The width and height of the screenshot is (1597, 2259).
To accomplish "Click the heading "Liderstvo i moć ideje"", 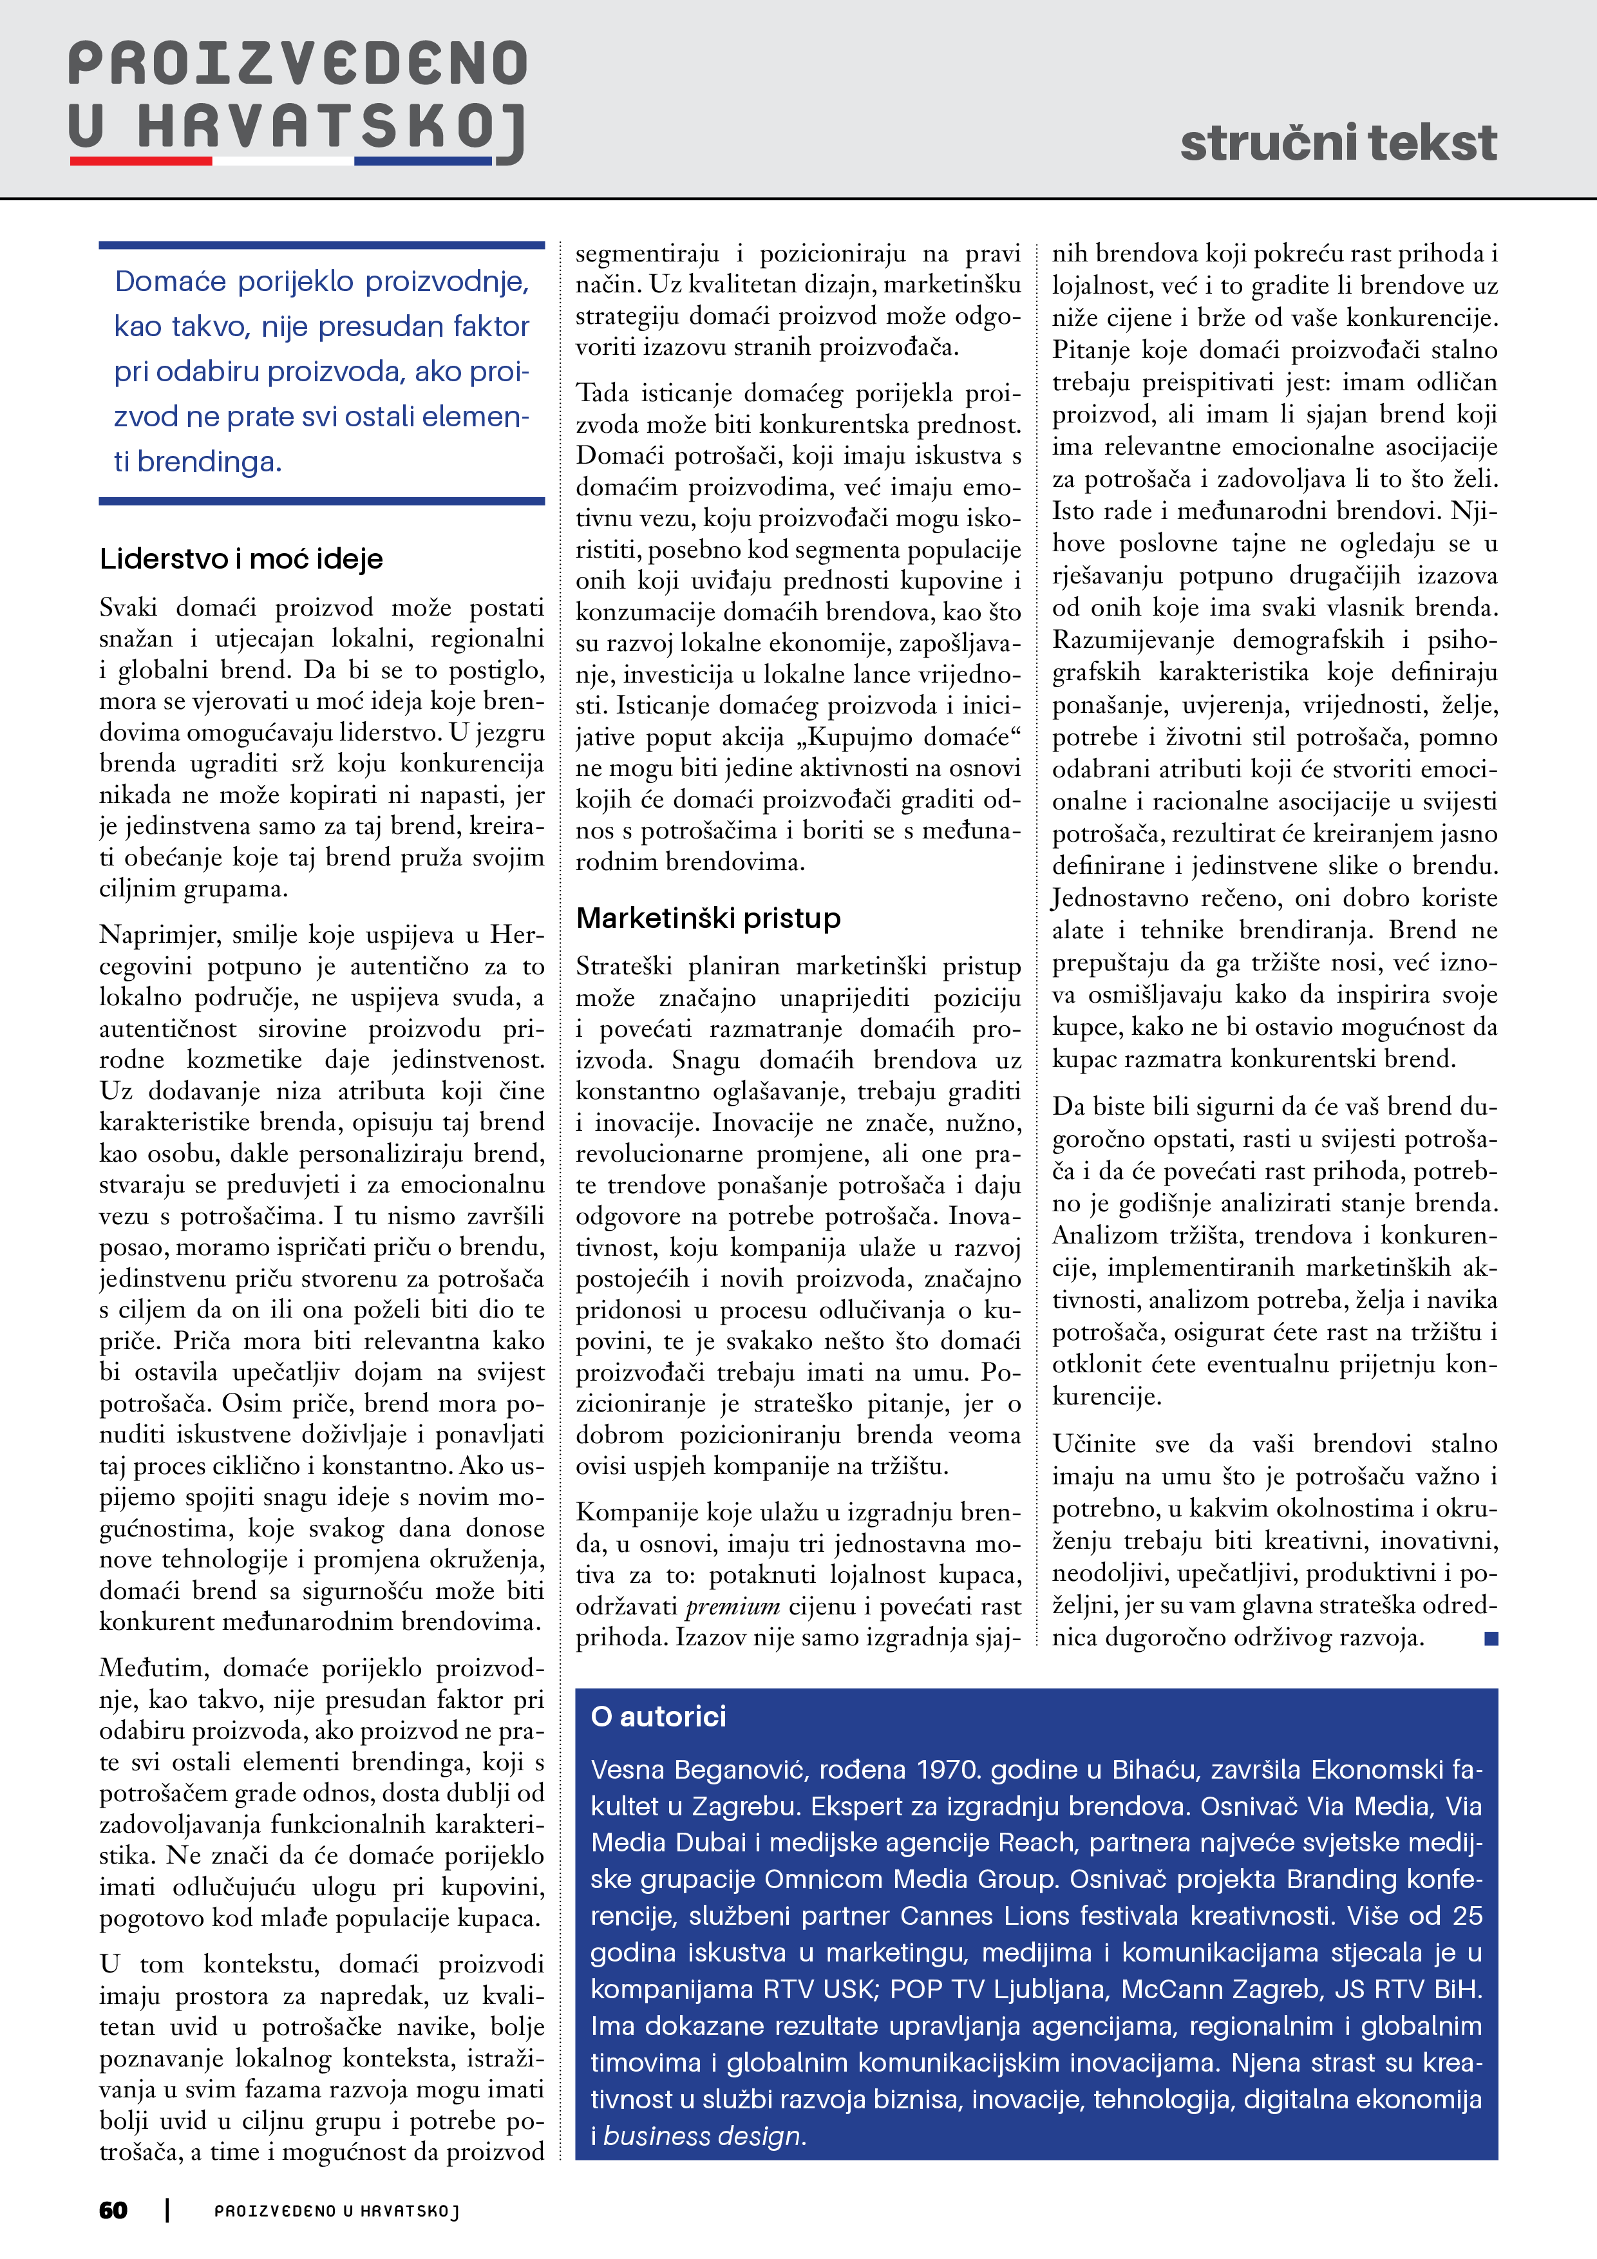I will click(241, 559).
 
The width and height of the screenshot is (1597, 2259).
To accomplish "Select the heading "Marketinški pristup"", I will click(708, 918).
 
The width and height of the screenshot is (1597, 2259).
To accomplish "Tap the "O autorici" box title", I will click(658, 1717).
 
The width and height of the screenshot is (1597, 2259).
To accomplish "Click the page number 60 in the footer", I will click(113, 2211).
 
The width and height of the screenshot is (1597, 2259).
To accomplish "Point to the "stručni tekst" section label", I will click(1338, 143).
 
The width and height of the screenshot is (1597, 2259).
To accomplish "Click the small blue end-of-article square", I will click(1491, 1638).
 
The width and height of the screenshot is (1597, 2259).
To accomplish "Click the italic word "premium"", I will click(733, 1607).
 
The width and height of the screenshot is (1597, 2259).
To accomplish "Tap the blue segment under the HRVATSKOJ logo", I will click(423, 160).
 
